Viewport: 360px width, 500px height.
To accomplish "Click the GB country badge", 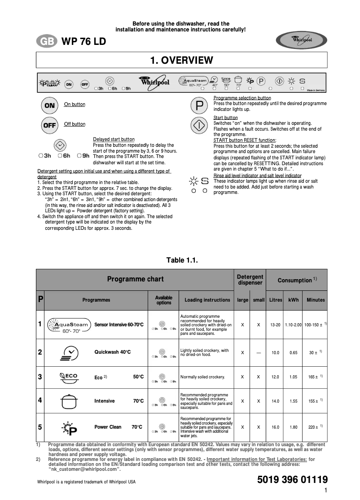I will (46, 42).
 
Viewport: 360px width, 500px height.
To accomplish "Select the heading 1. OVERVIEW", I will (181, 60).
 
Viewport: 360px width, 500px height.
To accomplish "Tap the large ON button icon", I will (49, 105).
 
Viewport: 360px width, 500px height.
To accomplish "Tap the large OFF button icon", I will (49, 125).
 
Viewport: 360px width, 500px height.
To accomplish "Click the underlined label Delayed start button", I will (114, 140).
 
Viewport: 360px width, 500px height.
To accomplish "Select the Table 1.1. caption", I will (182, 260).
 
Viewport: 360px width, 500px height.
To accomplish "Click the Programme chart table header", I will (135, 279).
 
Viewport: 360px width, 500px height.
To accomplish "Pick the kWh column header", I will (294, 300).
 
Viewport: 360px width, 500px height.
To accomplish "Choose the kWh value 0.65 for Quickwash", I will (294, 353).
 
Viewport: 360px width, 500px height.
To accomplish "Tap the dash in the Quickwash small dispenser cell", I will (258, 353).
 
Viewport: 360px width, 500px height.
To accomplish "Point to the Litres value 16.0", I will (275, 427).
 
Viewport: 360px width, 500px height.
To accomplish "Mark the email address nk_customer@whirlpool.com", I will (85, 469).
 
